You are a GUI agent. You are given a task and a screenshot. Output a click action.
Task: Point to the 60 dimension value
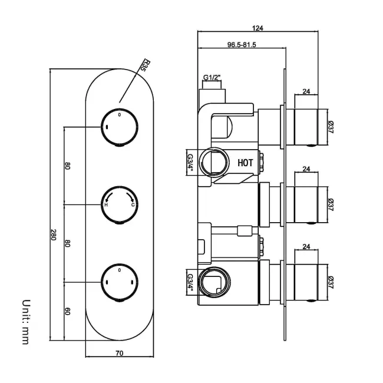click(68, 311)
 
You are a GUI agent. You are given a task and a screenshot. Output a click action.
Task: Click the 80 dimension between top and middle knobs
click(68, 166)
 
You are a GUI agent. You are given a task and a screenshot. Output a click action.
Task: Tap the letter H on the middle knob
click(107, 204)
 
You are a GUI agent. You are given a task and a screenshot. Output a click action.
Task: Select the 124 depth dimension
click(257, 28)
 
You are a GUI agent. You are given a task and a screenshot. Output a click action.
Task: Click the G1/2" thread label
click(212, 77)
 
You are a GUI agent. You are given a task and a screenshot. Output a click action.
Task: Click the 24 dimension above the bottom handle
click(306, 247)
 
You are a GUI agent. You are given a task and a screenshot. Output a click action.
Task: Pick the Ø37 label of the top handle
click(331, 126)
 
